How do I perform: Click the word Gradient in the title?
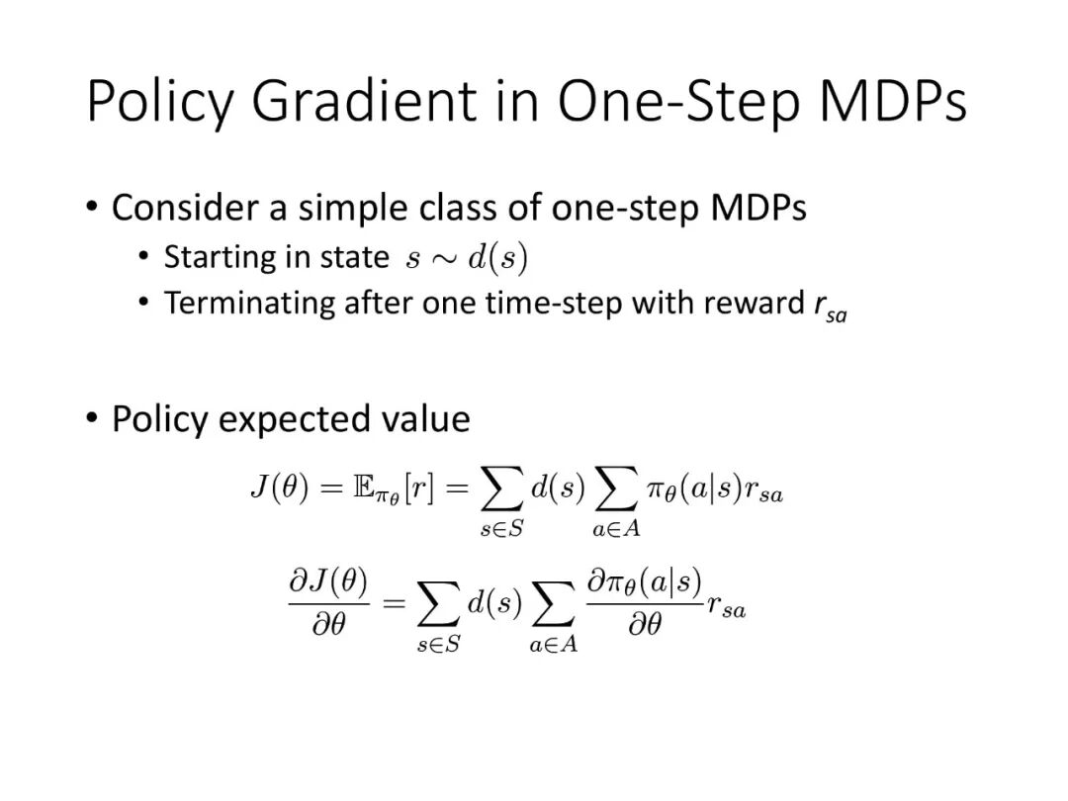tap(364, 102)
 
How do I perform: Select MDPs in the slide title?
tap(893, 102)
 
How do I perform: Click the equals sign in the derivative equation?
tap(395, 603)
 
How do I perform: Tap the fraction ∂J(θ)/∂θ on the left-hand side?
tap(329, 602)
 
